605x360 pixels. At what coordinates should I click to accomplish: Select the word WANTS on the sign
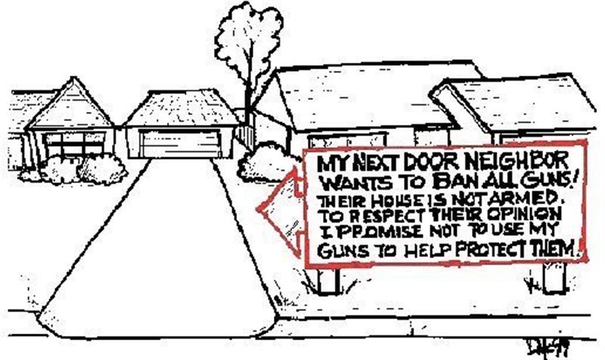(x=353, y=183)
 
